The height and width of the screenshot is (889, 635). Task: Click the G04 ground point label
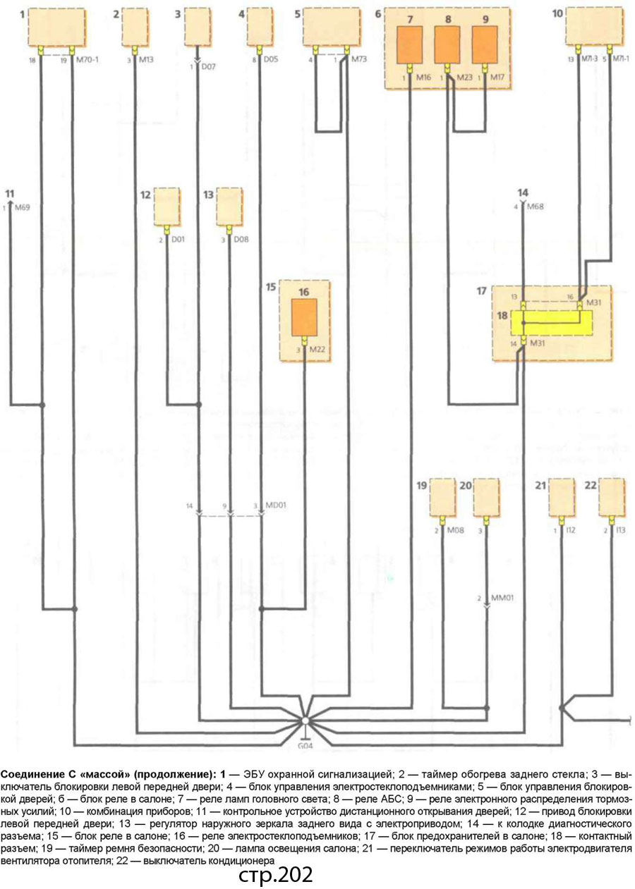pos(305,745)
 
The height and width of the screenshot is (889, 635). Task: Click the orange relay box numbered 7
pos(410,45)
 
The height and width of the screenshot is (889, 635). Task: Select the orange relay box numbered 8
pos(447,45)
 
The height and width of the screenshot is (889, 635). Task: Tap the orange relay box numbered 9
pos(485,45)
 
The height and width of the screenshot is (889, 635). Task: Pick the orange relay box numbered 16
pos(304,317)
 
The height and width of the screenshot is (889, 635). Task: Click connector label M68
pos(536,207)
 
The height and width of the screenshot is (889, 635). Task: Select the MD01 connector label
pos(275,505)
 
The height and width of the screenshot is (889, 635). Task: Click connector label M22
pos(317,349)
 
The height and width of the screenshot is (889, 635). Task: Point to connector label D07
pos(208,68)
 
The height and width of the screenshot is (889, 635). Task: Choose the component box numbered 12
pos(167,206)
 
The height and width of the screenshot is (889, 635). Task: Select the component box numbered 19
pos(444,498)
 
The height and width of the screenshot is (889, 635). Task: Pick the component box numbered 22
pos(611,498)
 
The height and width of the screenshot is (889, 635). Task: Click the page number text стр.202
pos(275,875)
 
